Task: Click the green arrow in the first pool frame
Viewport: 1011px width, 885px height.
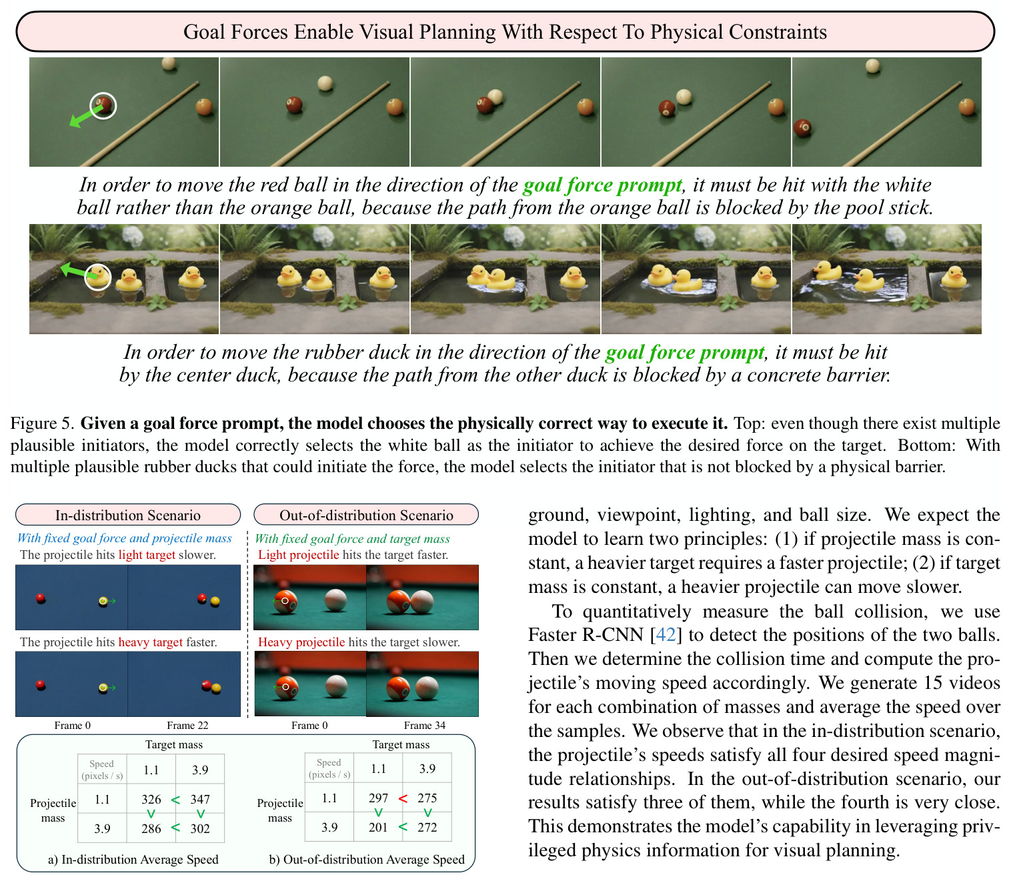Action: click(x=84, y=117)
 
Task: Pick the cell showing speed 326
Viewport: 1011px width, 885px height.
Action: click(x=151, y=799)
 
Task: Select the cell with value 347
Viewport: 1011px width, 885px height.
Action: click(x=200, y=799)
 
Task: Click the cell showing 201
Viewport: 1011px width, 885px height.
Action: click(x=378, y=827)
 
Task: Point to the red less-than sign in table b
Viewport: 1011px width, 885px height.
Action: click(x=403, y=798)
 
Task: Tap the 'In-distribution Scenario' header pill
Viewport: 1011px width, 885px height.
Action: click(x=128, y=515)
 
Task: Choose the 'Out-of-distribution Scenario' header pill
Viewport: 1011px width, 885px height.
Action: click(x=366, y=515)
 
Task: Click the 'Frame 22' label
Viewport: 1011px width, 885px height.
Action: click(x=187, y=725)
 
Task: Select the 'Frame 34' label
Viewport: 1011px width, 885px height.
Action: click(x=424, y=725)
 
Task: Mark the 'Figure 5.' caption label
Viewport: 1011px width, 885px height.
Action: click(x=43, y=423)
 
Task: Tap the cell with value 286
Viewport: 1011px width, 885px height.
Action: click(x=151, y=828)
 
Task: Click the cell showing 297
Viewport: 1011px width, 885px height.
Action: click(x=378, y=798)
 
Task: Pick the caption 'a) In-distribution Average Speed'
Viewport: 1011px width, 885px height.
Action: click(x=133, y=859)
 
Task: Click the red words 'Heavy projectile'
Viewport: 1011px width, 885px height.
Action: click(x=301, y=642)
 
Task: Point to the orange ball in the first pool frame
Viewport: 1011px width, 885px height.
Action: click(x=204, y=106)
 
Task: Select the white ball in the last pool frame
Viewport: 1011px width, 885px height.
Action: click(x=873, y=65)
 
